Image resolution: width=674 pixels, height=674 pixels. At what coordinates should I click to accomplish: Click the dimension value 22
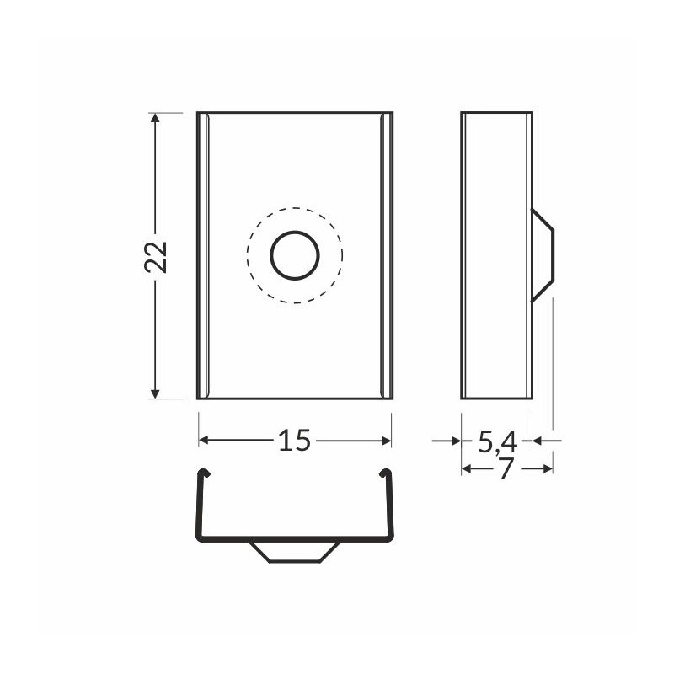click(x=157, y=256)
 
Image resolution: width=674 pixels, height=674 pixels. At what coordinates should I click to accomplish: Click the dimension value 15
click(x=295, y=440)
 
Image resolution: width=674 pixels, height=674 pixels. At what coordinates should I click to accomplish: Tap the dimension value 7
click(x=505, y=469)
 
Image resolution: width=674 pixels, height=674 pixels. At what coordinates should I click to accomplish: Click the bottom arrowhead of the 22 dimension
click(x=155, y=392)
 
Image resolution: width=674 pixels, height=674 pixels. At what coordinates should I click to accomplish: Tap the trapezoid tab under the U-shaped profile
click(x=295, y=551)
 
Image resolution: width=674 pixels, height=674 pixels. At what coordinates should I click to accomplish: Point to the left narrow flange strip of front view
click(x=203, y=255)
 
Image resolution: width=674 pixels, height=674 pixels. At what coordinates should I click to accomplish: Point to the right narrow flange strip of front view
click(x=386, y=255)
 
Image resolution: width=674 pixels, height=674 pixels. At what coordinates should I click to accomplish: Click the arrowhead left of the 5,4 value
click(x=455, y=440)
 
